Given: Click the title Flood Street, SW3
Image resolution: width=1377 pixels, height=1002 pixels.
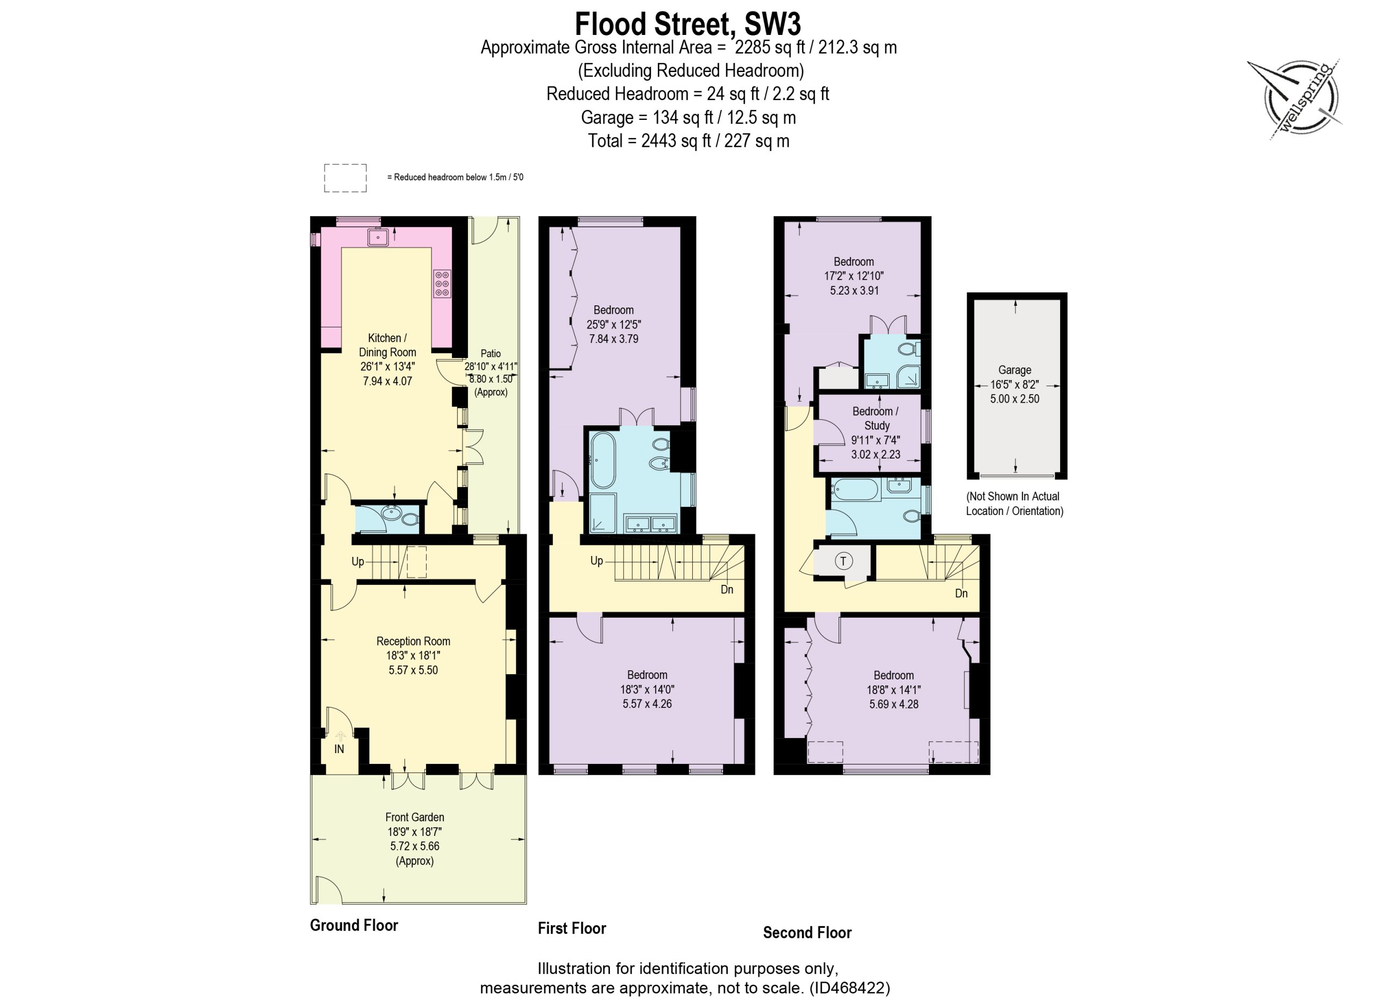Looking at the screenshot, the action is pos(688,24).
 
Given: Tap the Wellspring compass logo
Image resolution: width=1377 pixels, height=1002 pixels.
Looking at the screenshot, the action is pos(1296,99).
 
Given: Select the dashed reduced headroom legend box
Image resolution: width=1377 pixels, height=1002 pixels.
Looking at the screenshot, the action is pos(345,178).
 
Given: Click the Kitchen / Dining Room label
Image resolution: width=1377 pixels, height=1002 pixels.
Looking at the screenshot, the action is pos(387,345).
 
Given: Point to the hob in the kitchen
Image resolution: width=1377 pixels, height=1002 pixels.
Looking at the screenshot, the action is pos(442,283).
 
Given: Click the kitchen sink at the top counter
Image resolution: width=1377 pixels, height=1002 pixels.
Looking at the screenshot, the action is pos(377,237).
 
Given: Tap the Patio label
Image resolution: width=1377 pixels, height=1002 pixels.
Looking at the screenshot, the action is pos(491,353).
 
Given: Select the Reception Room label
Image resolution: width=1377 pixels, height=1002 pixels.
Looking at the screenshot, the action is pos(413,641).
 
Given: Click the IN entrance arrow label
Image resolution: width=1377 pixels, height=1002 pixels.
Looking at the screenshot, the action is pos(339,749).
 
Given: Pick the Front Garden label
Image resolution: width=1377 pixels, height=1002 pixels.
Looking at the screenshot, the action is pos(415,817).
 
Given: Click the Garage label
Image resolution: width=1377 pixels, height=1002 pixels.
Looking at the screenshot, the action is pos(1014,370).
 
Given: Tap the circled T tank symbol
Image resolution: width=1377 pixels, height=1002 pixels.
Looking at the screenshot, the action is pos(843,561).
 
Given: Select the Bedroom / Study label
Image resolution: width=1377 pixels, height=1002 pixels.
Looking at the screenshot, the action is pos(876,418).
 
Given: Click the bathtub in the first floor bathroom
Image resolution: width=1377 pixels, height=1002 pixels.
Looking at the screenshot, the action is pos(603,460).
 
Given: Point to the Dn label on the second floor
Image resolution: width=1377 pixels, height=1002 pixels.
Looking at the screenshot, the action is pos(961,593).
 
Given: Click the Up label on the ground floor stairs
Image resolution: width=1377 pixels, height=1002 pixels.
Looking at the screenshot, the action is pos(358,561).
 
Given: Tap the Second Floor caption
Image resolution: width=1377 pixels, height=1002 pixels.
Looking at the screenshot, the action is pos(807,932).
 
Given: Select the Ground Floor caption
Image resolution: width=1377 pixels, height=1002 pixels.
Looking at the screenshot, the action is pos(354,925).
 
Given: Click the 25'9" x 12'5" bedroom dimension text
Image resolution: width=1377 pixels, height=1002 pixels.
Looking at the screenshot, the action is pos(613,324).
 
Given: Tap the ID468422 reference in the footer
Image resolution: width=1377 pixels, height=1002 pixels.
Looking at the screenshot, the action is pos(849,987).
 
